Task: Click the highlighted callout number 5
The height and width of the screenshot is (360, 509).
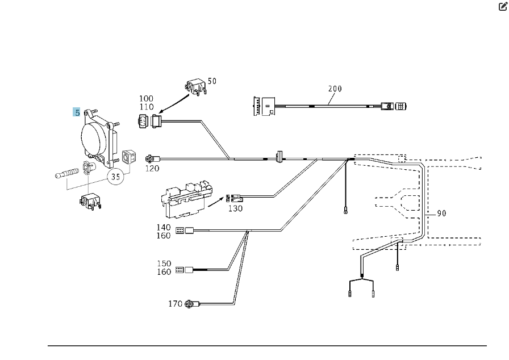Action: coord(77,112)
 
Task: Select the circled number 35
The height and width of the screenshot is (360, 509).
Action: coord(115,177)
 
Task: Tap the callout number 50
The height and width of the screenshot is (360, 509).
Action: coord(212,81)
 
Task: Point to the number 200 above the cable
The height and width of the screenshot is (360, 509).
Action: coord(335,89)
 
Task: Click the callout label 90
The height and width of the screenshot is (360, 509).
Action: coord(441,213)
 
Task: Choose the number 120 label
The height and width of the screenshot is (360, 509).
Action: coord(152,168)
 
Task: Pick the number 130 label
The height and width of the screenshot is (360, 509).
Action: coord(235,208)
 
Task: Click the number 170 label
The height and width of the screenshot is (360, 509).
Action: coord(175,304)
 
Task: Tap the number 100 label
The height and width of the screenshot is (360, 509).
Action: coord(146,98)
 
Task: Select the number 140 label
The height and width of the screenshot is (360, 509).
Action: coord(164,227)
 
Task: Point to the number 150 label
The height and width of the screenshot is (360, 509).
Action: coord(164,263)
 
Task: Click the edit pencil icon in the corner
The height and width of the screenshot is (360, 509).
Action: coord(503,6)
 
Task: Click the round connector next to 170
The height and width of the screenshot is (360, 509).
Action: coord(189,304)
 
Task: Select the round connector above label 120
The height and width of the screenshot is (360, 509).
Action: coord(149,159)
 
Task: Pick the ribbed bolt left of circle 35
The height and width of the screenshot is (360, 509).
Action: coord(66,173)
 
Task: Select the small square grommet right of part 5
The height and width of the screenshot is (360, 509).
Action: coord(129,156)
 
